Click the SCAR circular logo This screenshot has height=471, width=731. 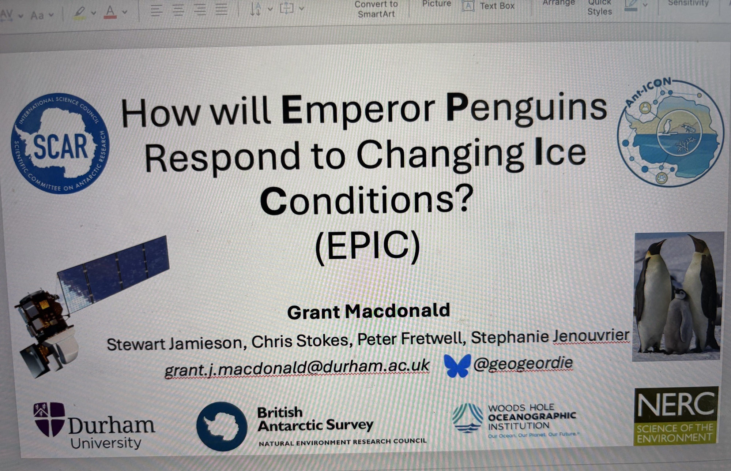[x=60, y=143]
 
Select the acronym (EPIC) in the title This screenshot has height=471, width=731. [x=368, y=246]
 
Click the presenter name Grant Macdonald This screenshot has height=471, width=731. [x=369, y=311]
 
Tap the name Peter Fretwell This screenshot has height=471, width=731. [x=411, y=339]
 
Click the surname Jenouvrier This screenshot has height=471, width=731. [x=591, y=336]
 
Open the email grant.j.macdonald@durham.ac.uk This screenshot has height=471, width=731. [x=297, y=367]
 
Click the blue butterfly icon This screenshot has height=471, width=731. [x=457, y=365]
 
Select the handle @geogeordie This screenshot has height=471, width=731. [x=523, y=363]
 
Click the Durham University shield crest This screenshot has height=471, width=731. [x=49, y=419]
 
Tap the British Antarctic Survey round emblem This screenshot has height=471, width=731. [x=222, y=426]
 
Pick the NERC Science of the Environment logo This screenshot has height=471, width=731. [x=676, y=416]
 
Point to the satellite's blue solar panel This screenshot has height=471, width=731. [x=113, y=271]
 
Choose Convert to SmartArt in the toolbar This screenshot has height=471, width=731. [x=376, y=9]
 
